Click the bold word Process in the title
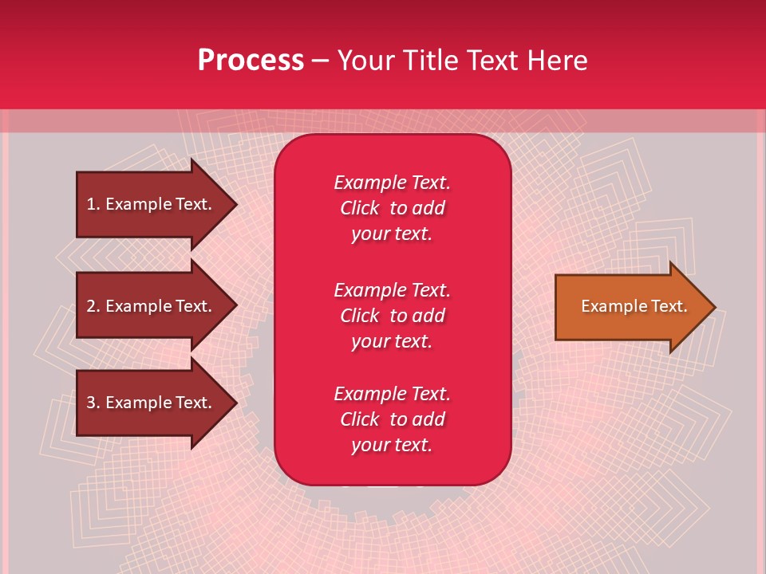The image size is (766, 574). (x=251, y=61)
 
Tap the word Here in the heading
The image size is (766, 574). (x=558, y=61)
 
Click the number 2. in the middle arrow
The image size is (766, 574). (x=93, y=306)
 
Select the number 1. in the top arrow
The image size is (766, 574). (x=93, y=204)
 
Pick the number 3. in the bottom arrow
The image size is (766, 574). (x=93, y=403)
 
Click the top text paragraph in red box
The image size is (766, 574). (x=392, y=208)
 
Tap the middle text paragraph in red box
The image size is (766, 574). (x=392, y=315)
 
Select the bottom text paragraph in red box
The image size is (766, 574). (x=392, y=419)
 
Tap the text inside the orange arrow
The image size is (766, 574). (x=634, y=306)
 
